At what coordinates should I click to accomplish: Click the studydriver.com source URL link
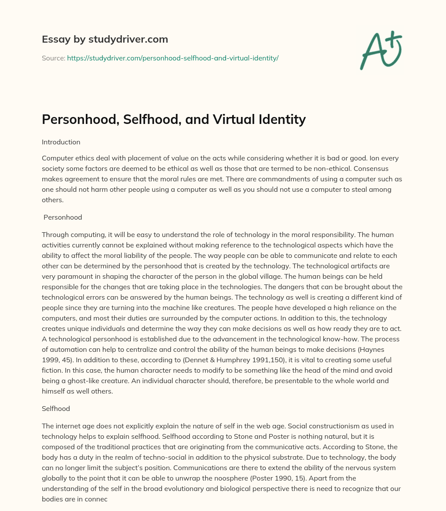coord(172,58)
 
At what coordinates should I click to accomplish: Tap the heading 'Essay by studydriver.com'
coord(105,40)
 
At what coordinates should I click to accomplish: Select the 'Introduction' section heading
coord(61,142)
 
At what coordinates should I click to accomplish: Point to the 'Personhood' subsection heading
coord(63,217)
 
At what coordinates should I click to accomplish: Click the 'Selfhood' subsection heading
coord(56,409)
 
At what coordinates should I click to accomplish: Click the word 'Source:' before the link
coord(54,58)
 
